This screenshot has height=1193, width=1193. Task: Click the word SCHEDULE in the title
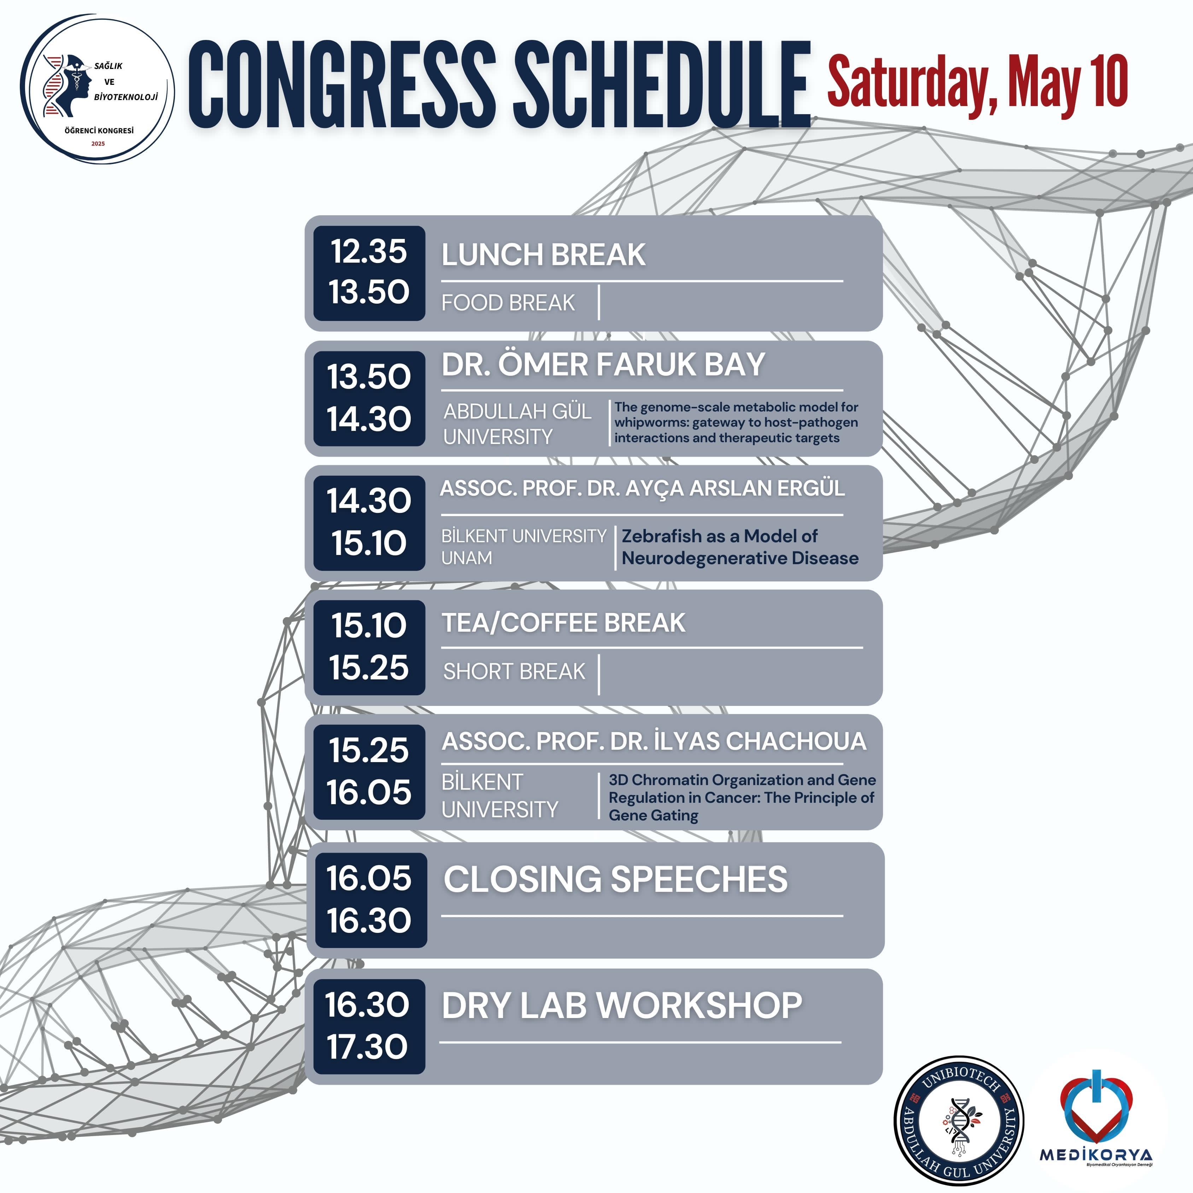(662, 85)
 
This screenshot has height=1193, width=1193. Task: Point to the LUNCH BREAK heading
(543, 255)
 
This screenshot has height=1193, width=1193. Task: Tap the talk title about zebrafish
(740, 547)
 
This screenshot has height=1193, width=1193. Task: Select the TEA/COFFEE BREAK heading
(563, 622)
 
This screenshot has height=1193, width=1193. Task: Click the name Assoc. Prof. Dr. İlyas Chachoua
(654, 741)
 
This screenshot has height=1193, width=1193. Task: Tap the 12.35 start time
(369, 251)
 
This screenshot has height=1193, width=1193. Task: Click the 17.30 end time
(367, 1046)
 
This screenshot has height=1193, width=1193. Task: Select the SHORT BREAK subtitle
(514, 671)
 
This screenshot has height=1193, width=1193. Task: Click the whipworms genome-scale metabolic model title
(736, 422)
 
